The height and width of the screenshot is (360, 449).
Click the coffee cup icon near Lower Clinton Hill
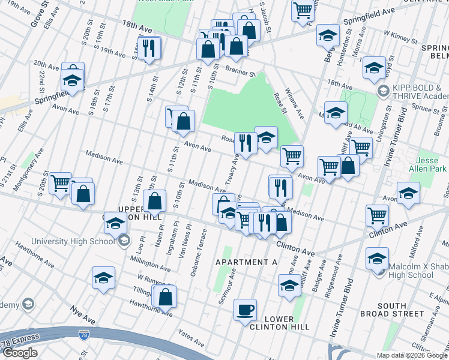pos(245,310)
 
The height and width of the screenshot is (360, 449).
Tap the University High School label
pos(73,241)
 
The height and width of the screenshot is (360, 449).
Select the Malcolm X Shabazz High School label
pos(416,271)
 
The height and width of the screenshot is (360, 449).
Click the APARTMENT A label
pos(246,263)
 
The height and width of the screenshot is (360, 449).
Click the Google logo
pos(20,353)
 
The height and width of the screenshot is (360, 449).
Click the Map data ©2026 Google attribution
pos(412,355)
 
